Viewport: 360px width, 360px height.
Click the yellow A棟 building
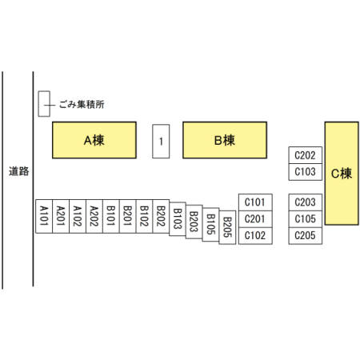pyautogui.click(x=94, y=140)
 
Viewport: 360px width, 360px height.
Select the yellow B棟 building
pyautogui.click(x=225, y=140)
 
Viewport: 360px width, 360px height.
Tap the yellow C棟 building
pyautogui.click(x=342, y=174)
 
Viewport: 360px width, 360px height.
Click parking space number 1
pyautogui.click(x=161, y=142)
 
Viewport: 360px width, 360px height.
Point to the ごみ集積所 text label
pyautogui.click(x=82, y=105)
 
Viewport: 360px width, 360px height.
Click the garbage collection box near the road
pyautogui.click(x=44, y=104)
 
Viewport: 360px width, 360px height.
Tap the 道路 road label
pyautogui.click(x=18, y=171)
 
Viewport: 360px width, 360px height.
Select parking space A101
pyautogui.click(x=44, y=216)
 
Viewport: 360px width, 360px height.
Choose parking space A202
pyautogui.click(x=94, y=216)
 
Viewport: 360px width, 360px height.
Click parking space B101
pyautogui.click(x=111, y=216)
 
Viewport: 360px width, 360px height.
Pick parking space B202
pyautogui.click(x=161, y=216)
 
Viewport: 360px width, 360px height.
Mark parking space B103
pyautogui.click(x=178, y=219)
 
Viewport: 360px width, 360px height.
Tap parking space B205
pyautogui.click(x=227, y=227)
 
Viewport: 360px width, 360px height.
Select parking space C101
pyautogui.click(x=255, y=202)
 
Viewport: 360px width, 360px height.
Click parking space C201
pyautogui.click(x=255, y=219)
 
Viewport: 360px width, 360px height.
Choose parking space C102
pyautogui.click(x=255, y=236)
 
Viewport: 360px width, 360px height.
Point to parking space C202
pyautogui.click(x=306, y=155)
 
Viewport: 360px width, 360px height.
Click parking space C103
pyautogui.click(x=306, y=172)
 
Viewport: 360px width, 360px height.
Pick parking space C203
pyautogui.click(x=306, y=202)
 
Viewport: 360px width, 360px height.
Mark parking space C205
pyautogui.click(x=306, y=236)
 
